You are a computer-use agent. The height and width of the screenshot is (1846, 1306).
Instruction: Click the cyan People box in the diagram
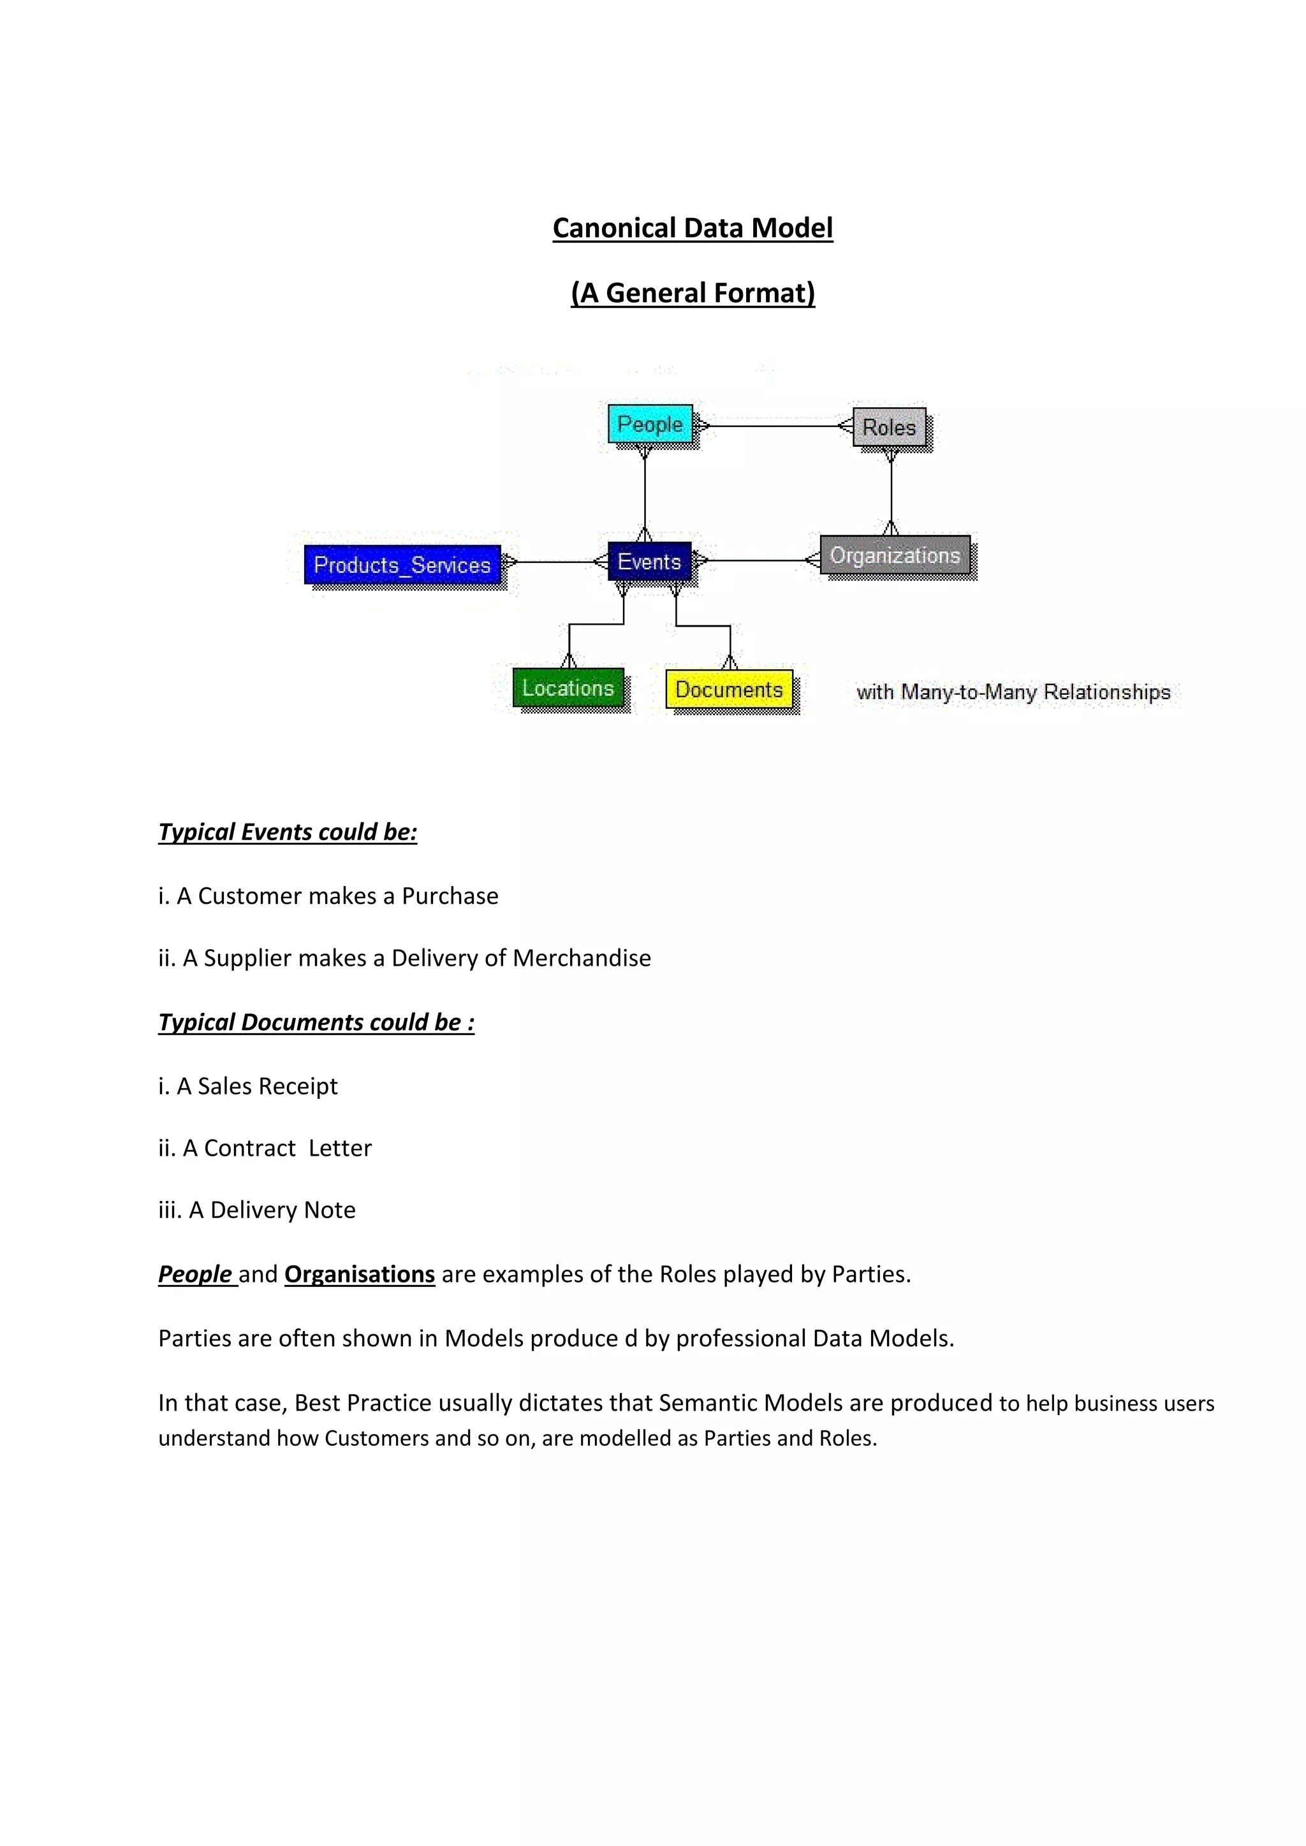tap(650, 424)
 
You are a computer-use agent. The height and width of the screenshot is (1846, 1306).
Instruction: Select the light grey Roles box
tap(888, 427)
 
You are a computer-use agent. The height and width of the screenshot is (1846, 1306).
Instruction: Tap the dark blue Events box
tap(649, 561)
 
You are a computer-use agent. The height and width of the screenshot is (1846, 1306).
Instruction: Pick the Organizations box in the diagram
tap(894, 555)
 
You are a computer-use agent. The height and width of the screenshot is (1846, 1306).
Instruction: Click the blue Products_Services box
tap(402, 564)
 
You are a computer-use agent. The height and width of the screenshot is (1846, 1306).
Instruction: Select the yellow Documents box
tap(729, 689)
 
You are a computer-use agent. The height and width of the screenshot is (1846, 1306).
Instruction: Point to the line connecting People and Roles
tap(772, 426)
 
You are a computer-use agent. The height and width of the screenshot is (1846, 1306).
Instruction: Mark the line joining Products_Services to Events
tap(555, 562)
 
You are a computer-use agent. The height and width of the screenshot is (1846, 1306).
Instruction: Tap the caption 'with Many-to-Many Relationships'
tap(1013, 692)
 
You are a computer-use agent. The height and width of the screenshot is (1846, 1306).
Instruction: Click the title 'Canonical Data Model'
tap(693, 228)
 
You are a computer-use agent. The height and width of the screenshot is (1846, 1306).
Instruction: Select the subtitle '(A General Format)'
tap(693, 293)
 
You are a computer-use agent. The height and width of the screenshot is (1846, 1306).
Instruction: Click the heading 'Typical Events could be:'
tap(288, 831)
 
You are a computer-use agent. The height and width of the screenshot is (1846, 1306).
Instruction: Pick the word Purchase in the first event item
tap(450, 896)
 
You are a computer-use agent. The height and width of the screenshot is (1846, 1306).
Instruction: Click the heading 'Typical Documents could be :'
tap(316, 1022)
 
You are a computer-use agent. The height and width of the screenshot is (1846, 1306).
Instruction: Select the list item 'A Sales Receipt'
tap(256, 1086)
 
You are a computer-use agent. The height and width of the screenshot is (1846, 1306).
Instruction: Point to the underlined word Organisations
tap(360, 1274)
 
